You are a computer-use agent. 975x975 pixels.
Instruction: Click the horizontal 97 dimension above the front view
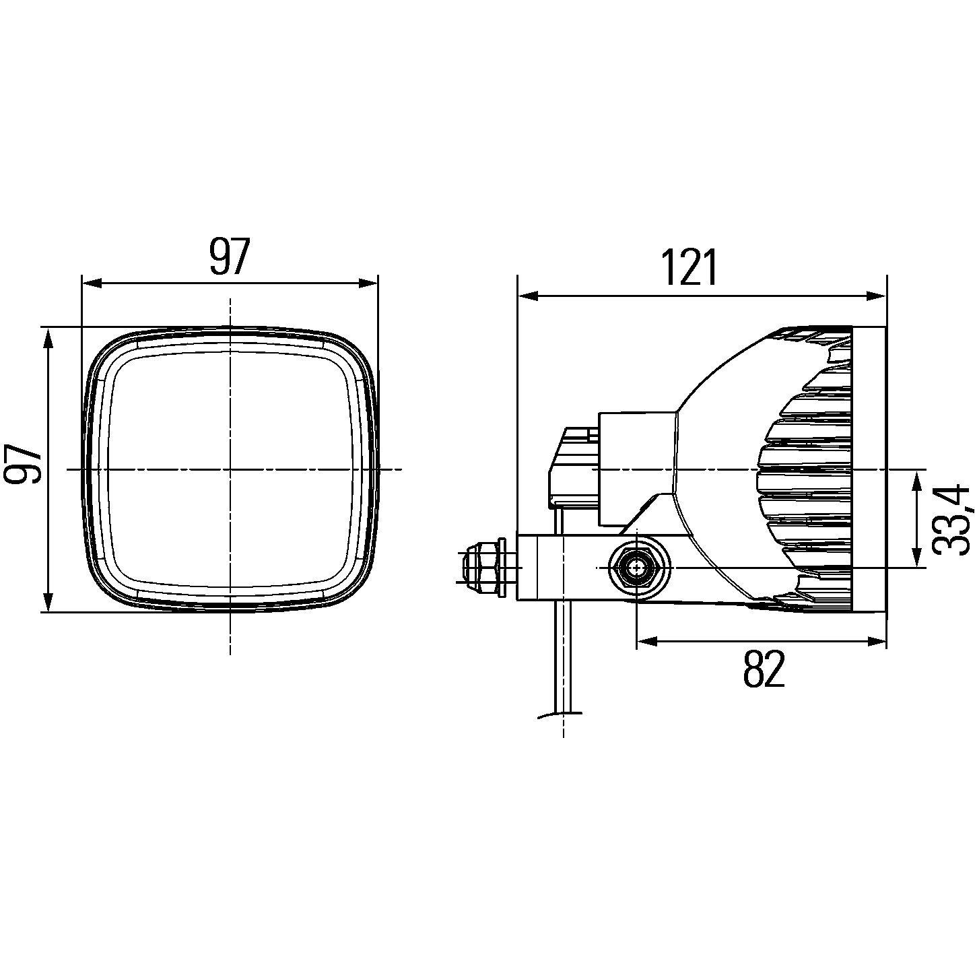(229, 257)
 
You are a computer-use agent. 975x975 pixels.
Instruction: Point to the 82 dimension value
(764, 669)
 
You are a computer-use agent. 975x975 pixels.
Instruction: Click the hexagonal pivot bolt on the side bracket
(636, 568)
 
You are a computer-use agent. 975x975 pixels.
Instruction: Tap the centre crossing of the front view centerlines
(230, 468)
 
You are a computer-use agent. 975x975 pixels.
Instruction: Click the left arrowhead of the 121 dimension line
(529, 296)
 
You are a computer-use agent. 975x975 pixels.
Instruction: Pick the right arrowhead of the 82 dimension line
(875, 642)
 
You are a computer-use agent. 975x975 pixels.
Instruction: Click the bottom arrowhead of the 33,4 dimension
(916, 556)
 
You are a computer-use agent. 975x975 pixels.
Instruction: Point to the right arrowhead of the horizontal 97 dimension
(367, 283)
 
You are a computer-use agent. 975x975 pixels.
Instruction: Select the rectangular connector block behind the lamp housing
(636, 468)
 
